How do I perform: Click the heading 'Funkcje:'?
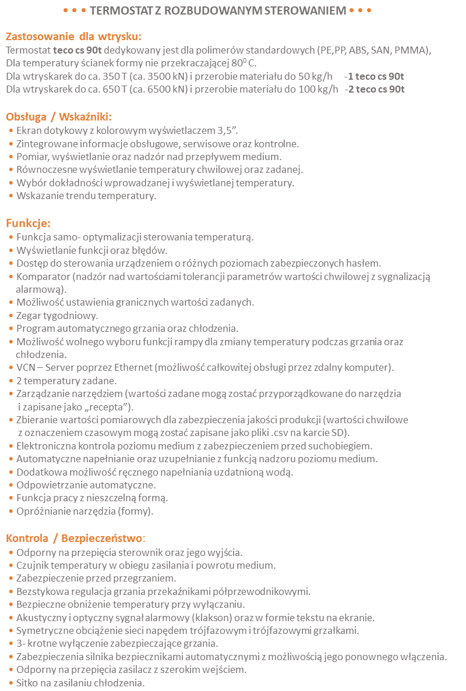pos(29,223)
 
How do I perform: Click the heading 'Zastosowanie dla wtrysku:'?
pos(73,36)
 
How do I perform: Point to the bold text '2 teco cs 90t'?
pos(376,89)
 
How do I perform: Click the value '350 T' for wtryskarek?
pos(106,76)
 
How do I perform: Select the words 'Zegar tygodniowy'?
pos(57,316)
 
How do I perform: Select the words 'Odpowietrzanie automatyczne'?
pos(86,485)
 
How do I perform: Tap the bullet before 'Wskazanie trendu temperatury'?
pos(11,196)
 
